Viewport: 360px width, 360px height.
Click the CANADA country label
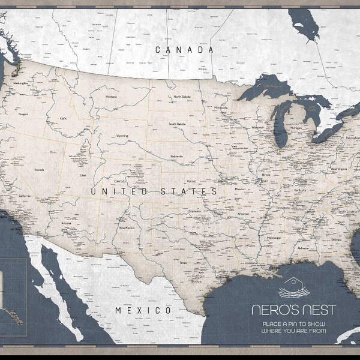pyautogui.click(x=184, y=50)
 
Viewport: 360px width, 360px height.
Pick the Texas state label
pyautogui.click(x=182, y=262)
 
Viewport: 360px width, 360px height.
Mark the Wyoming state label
pyautogui.click(x=122, y=136)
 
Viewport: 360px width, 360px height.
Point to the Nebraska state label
pyautogui.click(x=176, y=156)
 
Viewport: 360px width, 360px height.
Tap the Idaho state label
pyautogui.click(x=63, y=118)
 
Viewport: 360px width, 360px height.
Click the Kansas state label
pyautogui.click(x=191, y=181)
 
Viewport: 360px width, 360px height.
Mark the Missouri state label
pyautogui.click(x=240, y=189)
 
